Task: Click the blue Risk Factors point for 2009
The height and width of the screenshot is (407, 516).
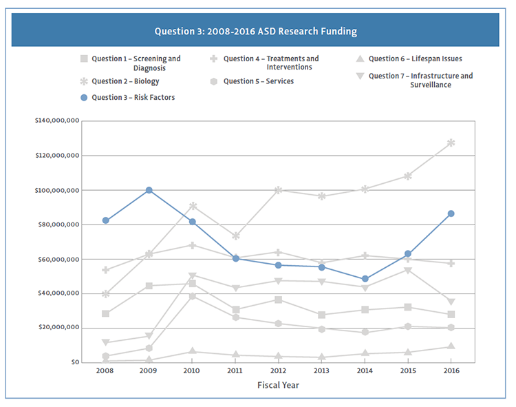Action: point(149,190)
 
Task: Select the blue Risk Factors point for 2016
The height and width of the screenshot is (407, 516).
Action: point(451,213)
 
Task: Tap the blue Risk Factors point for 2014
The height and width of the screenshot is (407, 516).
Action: point(365,279)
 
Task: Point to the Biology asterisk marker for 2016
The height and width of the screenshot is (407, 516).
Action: point(451,143)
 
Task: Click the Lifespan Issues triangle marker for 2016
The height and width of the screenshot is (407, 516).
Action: point(451,346)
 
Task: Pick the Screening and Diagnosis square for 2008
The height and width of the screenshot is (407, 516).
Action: point(105,313)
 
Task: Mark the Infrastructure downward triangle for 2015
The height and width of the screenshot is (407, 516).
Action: point(408,270)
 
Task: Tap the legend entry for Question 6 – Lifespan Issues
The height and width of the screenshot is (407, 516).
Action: point(409,59)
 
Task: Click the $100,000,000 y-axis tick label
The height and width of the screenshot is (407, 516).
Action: point(56,190)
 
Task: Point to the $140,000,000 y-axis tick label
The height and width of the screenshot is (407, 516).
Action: point(56,121)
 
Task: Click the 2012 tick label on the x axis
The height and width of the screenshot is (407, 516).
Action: point(278,371)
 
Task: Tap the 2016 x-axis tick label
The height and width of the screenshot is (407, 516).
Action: point(451,371)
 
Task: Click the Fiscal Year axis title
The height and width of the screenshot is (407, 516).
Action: point(278,385)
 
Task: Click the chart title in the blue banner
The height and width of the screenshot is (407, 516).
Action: point(255,32)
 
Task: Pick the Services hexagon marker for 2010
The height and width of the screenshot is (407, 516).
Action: point(192,296)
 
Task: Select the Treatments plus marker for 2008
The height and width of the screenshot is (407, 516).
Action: point(105,270)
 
